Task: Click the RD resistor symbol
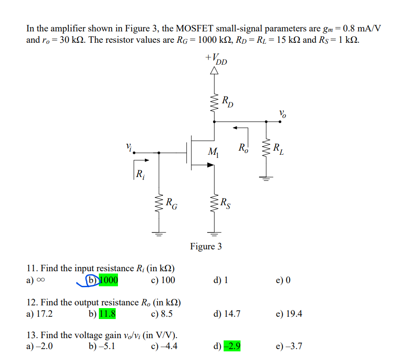(213, 105)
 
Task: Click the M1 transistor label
(213, 152)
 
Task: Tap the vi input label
(130, 147)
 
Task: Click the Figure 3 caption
(206, 247)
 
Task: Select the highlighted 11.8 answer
(107, 314)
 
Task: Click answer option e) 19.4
(289, 314)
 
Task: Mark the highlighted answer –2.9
(232, 347)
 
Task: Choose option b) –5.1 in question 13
(102, 347)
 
